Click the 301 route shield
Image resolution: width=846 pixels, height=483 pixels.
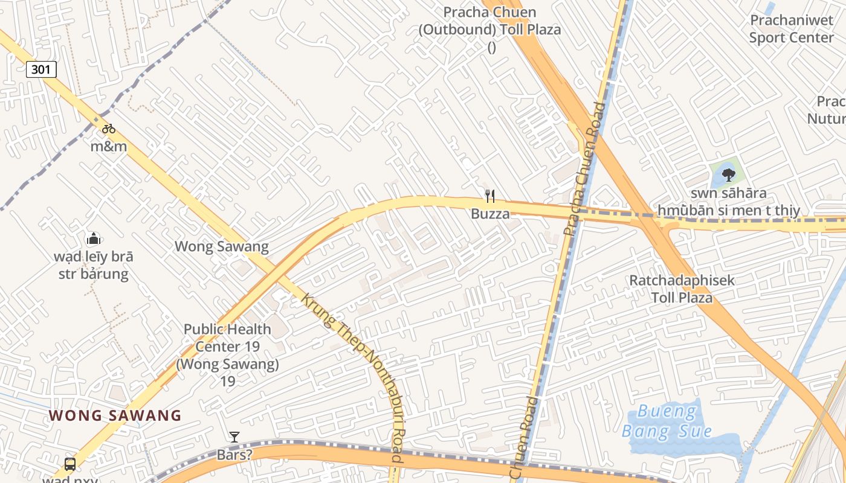click(x=41, y=69)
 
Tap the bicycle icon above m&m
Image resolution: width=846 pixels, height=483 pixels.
click(x=109, y=129)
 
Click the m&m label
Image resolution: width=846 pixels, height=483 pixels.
click(x=109, y=146)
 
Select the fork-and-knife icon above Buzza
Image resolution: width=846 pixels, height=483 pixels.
click(x=490, y=196)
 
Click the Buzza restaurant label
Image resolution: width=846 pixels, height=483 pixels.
click(x=490, y=214)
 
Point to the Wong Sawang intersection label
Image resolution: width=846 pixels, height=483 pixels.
click(x=221, y=246)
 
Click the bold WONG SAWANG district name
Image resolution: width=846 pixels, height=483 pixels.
click(x=115, y=415)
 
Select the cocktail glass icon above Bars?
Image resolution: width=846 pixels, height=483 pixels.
click(x=234, y=437)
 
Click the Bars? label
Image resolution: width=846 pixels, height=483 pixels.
click(x=234, y=455)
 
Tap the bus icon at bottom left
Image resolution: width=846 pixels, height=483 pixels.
click(x=70, y=464)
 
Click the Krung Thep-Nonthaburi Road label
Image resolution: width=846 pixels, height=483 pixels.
click(x=354, y=374)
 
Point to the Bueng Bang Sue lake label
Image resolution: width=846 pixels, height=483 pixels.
click(x=667, y=421)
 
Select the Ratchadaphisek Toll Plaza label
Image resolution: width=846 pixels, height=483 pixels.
click(x=682, y=289)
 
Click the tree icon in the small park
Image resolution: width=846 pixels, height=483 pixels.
click(x=728, y=175)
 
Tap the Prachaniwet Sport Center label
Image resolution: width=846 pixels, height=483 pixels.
click(x=792, y=28)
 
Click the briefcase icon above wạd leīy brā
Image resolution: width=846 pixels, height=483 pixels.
click(x=93, y=238)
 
